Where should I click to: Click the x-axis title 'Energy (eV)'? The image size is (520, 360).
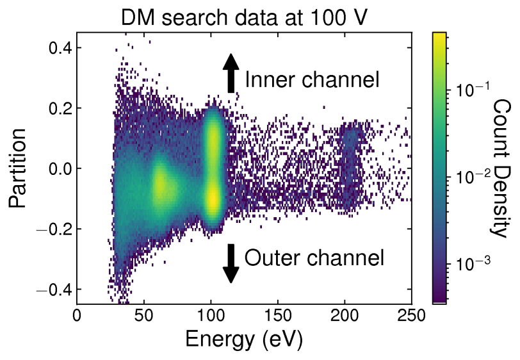click(243, 338)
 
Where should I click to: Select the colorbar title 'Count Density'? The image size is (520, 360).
click(501, 168)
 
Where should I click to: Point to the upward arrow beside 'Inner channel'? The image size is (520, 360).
click(231, 72)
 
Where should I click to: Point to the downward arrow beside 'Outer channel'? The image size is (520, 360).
click(231, 263)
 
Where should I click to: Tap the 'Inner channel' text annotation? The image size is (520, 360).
click(313, 80)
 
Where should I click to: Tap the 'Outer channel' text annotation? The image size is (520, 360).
click(314, 258)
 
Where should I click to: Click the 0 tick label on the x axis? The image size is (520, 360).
click(77, 315)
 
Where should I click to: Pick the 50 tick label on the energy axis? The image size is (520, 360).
click(144, 315)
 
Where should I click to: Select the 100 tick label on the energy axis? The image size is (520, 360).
click(211, 315)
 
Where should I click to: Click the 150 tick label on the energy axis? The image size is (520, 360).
click(277, 315)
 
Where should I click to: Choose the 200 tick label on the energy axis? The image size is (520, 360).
click(344, 315)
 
